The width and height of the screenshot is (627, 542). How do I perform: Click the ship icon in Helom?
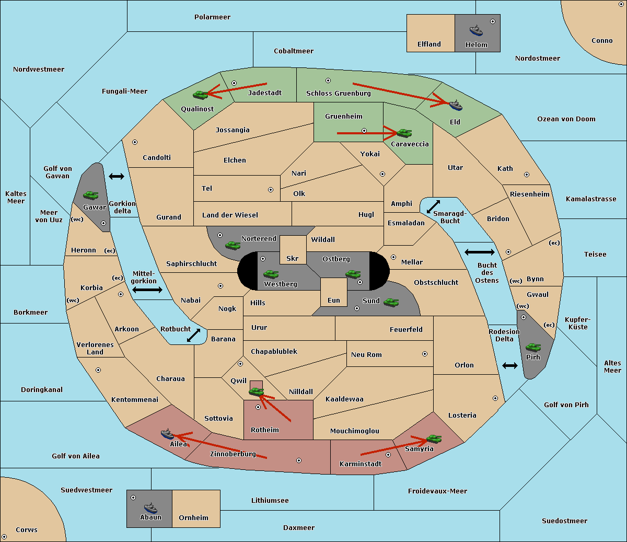(476, 31)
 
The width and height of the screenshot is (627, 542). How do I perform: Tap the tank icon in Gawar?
(91, 195)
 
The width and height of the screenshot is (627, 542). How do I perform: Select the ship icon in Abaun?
(150, 508)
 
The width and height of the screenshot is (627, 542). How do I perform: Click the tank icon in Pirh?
(533, 348)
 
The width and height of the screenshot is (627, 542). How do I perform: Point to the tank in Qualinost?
(201, 95)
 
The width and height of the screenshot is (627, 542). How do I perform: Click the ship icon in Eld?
(456, 106)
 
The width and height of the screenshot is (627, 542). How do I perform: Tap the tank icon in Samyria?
(434, 439)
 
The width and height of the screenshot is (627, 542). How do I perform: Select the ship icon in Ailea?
(167, 434)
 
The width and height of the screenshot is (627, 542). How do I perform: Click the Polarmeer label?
(212, 17)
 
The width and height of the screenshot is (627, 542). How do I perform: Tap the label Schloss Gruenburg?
(338, 94)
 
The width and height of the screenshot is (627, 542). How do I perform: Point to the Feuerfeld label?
(406, 330)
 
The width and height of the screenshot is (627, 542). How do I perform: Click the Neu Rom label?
(366, 355)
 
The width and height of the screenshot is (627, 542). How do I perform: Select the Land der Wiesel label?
(230, 215)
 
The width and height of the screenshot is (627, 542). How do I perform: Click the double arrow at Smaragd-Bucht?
(434, 206)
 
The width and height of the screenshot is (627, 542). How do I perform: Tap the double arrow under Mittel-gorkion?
(147, 290)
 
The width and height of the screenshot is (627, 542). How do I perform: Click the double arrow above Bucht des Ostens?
(479, 252)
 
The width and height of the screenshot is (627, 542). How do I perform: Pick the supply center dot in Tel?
(271, 190)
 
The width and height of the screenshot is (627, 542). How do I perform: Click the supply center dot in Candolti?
(135, 142)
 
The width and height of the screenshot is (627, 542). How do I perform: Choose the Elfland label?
(429, 44)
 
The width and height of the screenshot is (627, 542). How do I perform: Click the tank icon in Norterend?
(233, 245)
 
